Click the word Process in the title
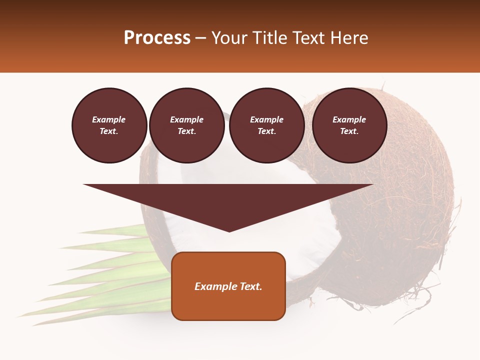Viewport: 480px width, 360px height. coord(157,38)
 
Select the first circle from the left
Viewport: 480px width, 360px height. coord(109,125)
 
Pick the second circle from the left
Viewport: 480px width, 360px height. coord(186,125)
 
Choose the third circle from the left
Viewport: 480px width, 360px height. coord(266,125)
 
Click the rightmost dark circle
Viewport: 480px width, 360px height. coord(349,125)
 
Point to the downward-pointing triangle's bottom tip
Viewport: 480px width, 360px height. coord(229,231)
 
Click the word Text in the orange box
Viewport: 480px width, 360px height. coord(250,286)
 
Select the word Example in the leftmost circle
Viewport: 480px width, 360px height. coord(109,119)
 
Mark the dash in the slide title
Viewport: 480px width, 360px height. coord(200,38)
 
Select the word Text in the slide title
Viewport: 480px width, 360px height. coord(307,38)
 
